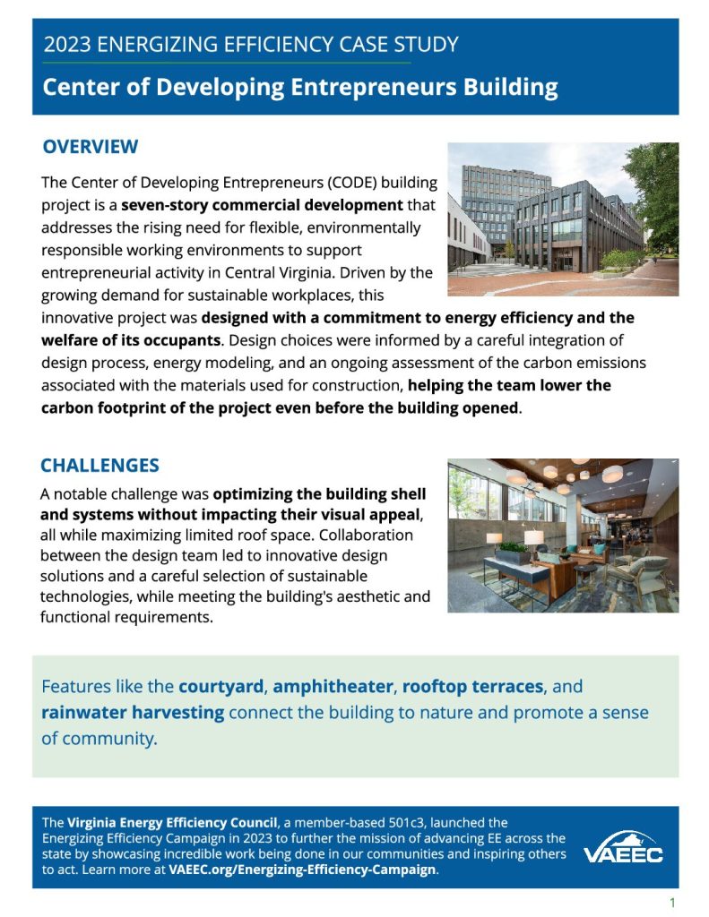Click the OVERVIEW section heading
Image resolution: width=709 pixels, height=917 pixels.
pyautogui.click(x=91, y=147)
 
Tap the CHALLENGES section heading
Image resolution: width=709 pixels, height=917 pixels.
pyautogui.click(x=99, y=466)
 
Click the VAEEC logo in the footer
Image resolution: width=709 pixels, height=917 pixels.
pyautogui.click(x=624, y=847)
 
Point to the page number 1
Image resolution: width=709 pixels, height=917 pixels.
pyautogui.click(x=672, y=902)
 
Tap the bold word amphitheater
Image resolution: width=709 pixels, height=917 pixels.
pyautogui.click(x=333, y=687)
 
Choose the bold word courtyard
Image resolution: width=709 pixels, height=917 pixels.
pyautogui.click(x=220, y=687)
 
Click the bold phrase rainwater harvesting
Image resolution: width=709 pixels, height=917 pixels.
pyautogui.click(x=133, y=713)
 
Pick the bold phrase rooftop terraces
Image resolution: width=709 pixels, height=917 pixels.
pyautogui.click(x=472, y=687)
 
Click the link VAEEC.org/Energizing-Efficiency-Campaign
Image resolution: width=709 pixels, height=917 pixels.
pyautogui.click(x=302, y=870)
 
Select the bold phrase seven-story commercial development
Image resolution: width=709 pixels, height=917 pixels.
pyautogui.click(x=263, y=205)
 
